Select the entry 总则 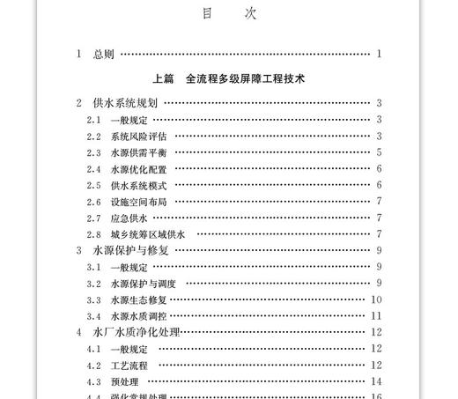(x=103, y=54)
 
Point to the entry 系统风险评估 (x=138, y=136)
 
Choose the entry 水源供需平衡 (x=138, y=152)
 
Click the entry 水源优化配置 (x=138, y=169)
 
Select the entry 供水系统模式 (x=138, y=185)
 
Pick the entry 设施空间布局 (x=138, y=201)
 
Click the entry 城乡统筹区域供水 (x=147, y=233)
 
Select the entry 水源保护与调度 (x=143, y=283)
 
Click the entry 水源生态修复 (x=138, y=299)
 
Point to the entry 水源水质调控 (x=138, y=315)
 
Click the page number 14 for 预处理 (x=376, y=381)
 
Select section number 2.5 (x=94, y=185)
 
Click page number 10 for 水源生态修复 (x=376, y=299)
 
